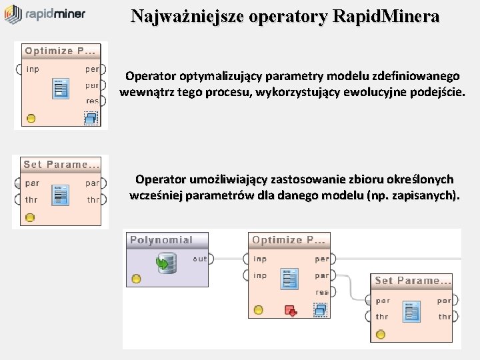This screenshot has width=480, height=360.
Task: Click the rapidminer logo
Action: point(45,14)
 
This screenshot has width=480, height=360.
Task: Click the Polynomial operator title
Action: point(161,240)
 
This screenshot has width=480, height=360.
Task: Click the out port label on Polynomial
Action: point(199,259)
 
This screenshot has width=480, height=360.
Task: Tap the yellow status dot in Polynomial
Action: point(136,279)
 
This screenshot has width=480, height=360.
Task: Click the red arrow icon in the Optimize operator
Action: point(290,310)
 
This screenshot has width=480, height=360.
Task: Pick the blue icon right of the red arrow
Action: point(321,310)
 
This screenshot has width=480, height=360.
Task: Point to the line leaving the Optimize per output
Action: point(400,259)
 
